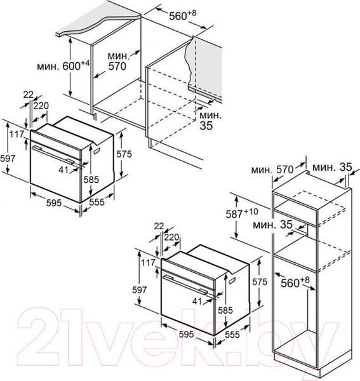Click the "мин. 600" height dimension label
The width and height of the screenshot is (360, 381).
pyautogui.click(x=63, y=65)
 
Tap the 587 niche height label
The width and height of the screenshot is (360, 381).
pyautogui.click(x=242, y=213)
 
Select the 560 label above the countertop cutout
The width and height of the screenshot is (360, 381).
pyautogui.click(x=183, y=15)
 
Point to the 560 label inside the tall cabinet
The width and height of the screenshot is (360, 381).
pyautogui.click(x=295, y=282)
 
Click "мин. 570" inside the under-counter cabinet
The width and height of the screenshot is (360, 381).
pyautogui.click(x=118, y=61)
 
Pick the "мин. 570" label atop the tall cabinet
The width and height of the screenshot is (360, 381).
pyautogui.click(x=272, y=170)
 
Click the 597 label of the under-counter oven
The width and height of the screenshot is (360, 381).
pyautogui.click(x=8, y=158)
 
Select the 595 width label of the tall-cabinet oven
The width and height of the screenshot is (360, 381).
pyautogui.click(x=186, y=334)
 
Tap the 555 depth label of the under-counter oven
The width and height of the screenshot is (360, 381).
pyautogui.click(x=97, y=202)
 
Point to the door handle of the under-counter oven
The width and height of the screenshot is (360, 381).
pyautogui.click(x=53, y=155)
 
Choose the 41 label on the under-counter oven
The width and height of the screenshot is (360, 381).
pyautogui.click(x=63, y=170)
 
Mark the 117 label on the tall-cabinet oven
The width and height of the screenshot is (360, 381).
pyautogui.click(x=148, y=262)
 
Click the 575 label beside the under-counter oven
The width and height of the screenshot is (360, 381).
pyautogui.click(x=124, y=154)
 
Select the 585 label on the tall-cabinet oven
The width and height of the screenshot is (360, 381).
pyautogui.click(x=225, y=310)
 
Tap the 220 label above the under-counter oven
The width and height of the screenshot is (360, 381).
pyautogui.click(x=41, y=105)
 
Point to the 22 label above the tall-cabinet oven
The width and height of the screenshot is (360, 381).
pyautogui.click(x=159, y=226)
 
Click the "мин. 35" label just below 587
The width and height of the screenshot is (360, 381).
pyautogui.click(x=272, y=225)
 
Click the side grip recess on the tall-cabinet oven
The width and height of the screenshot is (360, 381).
pyautogui.click(x=232, y=280)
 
